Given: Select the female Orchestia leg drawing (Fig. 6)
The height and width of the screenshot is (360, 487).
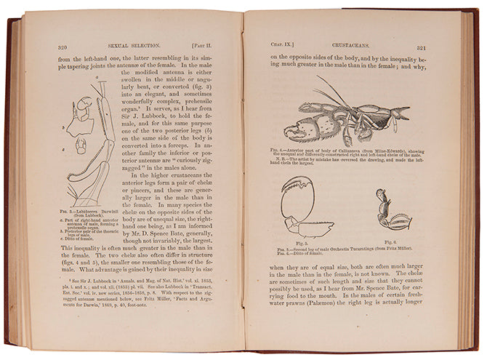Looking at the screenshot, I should [x=390, y=213].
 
